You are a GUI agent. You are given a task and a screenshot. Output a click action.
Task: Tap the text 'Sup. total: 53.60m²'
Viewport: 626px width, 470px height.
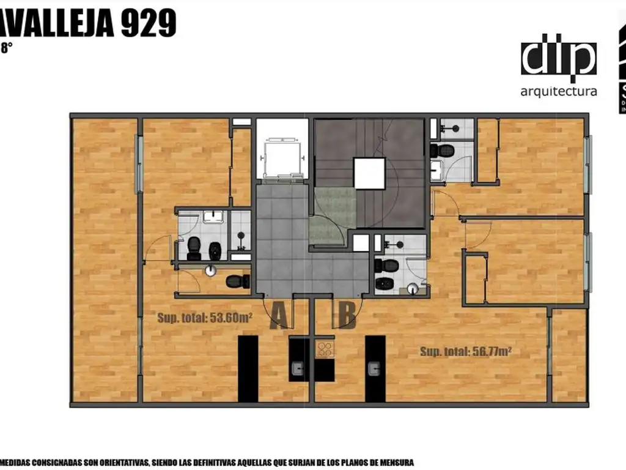tap(205, 318)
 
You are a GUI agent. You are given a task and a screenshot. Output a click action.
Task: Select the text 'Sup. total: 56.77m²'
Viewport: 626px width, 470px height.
tap(466, 351)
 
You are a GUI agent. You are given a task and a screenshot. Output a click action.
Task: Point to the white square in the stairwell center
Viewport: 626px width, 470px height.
tap(369, 173)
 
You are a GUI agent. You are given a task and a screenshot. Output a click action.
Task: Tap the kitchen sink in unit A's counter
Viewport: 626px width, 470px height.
tap(298, 368)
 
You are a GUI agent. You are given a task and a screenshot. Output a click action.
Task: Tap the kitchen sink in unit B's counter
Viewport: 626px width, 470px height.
tap(374, 368)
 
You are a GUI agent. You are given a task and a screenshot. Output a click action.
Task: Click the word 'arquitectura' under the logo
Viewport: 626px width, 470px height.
tap(558, 92)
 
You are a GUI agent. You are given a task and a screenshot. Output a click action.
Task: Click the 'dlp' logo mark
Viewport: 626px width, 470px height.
tap(558, 59)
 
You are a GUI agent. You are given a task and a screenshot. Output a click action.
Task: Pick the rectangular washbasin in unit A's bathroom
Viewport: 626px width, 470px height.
tap(213, 217)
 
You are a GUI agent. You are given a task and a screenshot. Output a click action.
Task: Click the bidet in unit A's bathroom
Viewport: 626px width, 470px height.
tap(215, 250)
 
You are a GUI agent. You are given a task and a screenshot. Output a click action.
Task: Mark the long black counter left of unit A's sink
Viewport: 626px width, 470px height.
tap(248, 369)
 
